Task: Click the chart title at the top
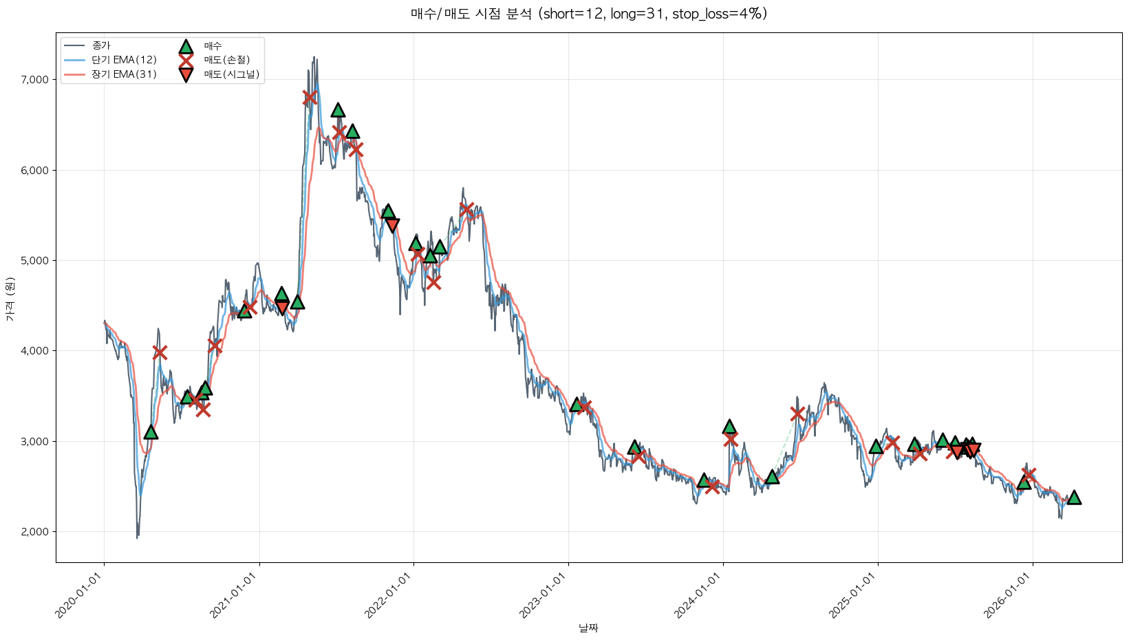point(588,14)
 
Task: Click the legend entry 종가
point(100,46)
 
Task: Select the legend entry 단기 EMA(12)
point(124,60)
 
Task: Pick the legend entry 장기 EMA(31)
point(124,74)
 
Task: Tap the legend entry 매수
point(213,46)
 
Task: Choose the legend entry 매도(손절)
point(226,60)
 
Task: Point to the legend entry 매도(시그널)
point(231,74)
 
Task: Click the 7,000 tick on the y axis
point(34,80)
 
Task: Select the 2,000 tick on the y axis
point(34,532)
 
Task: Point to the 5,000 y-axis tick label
point(34,261)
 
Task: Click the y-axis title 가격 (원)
point(10,299)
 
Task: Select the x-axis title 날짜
point(588,628)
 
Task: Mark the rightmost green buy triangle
point(1073,498)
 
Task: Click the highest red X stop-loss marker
point(310,97)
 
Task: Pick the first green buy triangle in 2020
point(151,432)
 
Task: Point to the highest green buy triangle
point(338,110)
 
